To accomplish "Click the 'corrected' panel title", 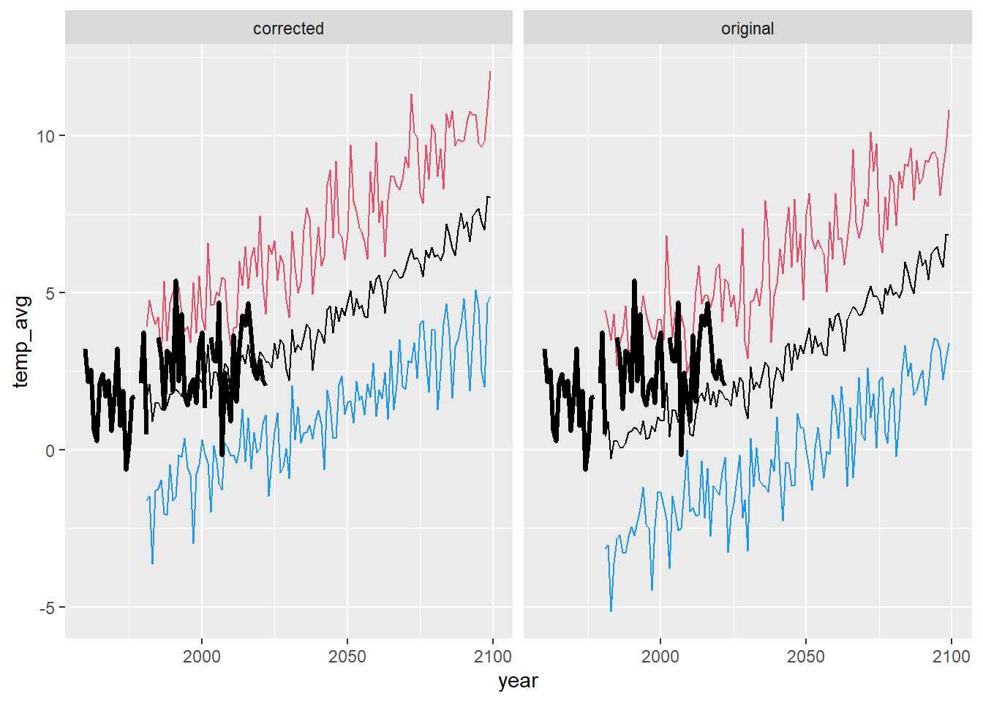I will [288, 29].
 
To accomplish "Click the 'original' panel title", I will [747, 29].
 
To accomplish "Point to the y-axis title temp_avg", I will [21, 341].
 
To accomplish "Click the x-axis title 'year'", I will [518, 681].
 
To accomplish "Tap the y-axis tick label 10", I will [45, 136].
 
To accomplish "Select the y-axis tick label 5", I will [50, 293].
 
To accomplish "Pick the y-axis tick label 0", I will [50, 450].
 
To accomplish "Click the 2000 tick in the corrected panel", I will [202, 656].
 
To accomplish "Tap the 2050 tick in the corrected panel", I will [347, 656].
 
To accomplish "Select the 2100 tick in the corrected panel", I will [492, 656].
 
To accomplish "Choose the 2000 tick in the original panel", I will [660, 656].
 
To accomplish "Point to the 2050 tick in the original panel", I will [806, 656].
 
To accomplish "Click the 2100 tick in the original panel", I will [951, 656].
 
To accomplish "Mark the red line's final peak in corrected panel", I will [490, 72].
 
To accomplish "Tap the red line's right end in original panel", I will [949, 110].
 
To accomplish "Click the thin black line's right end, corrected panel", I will [490, 197].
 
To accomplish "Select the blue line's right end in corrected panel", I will [490, 298].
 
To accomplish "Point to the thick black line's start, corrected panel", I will [85, 350].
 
